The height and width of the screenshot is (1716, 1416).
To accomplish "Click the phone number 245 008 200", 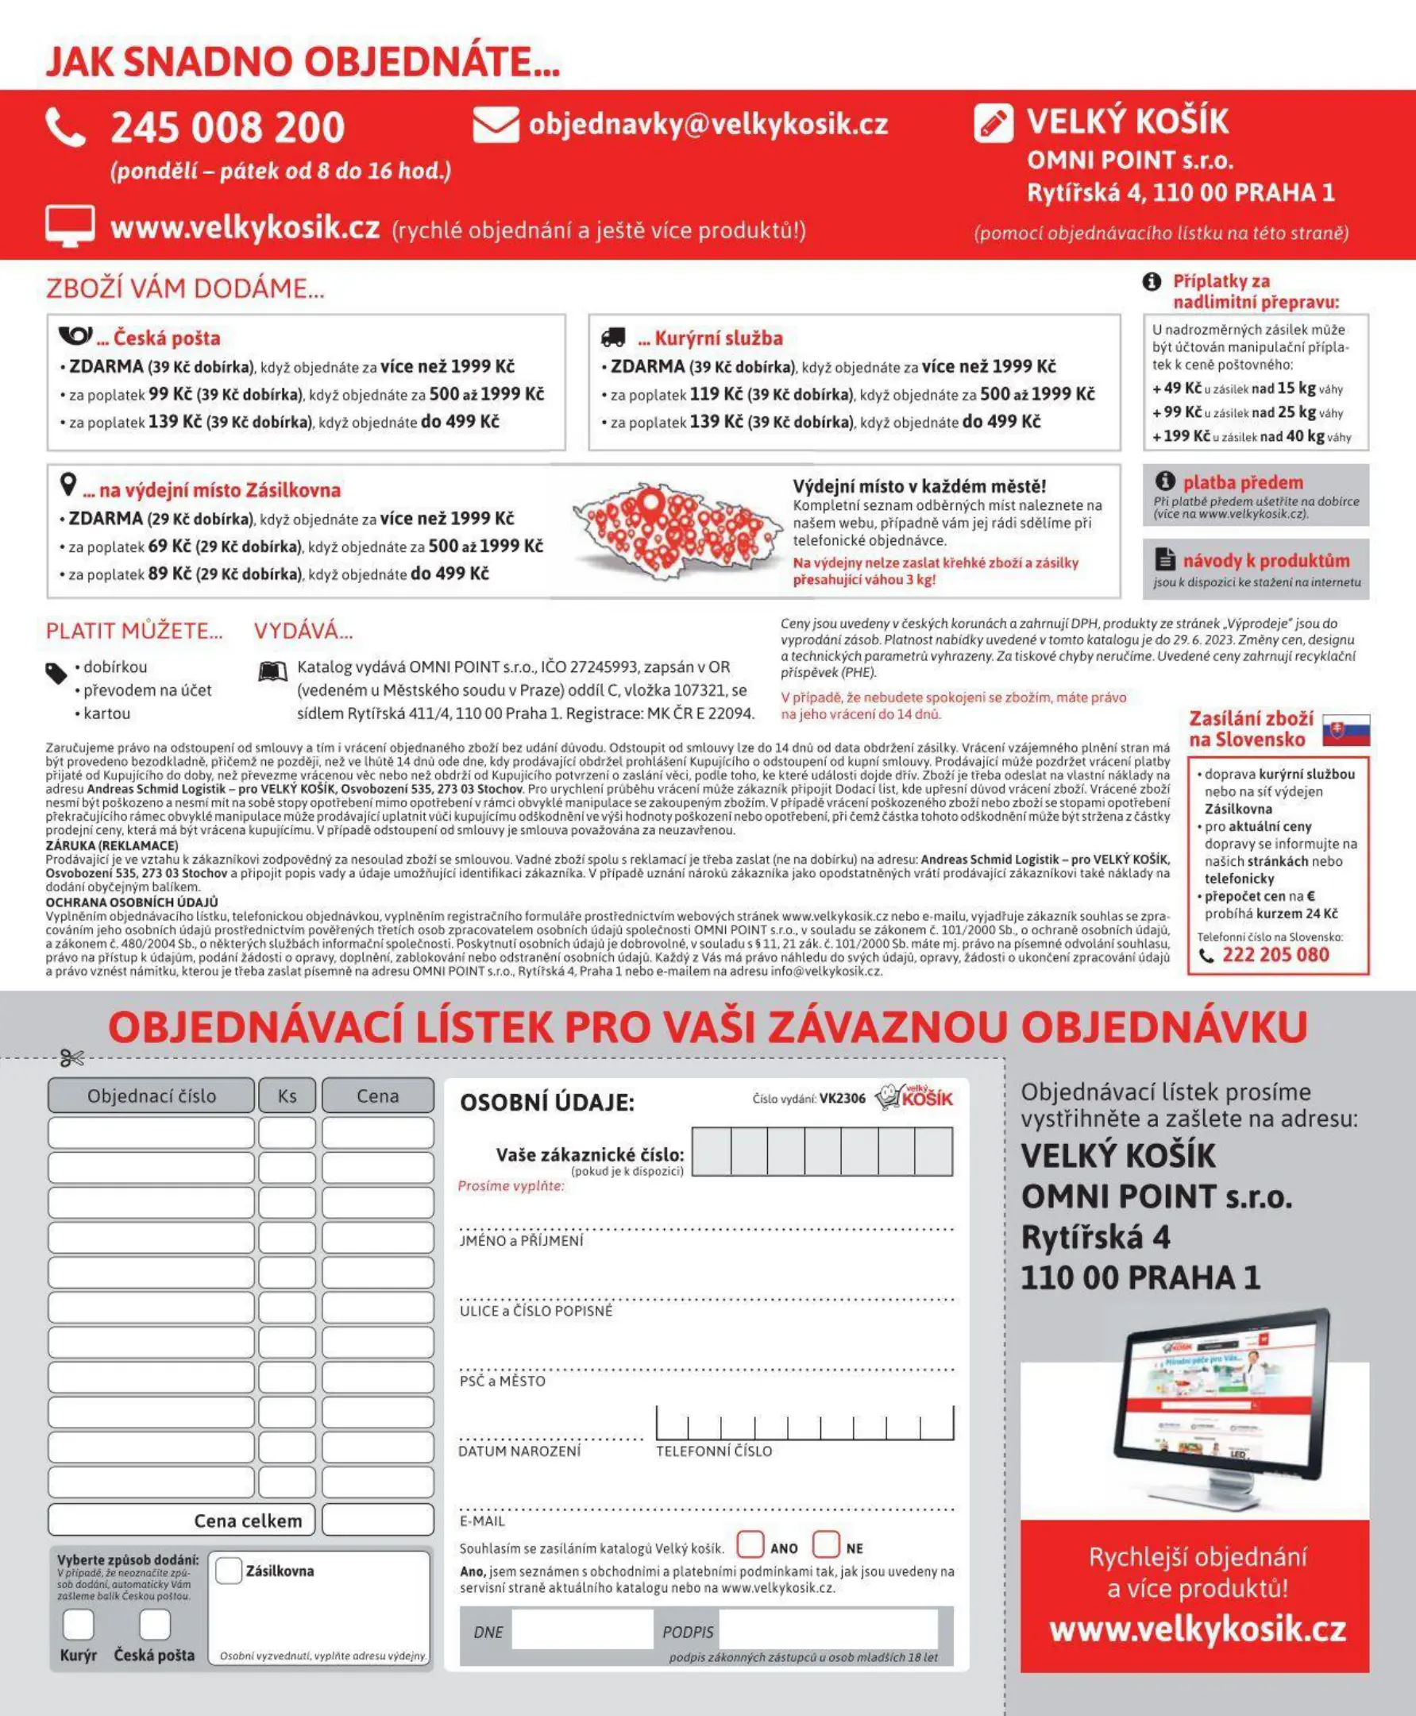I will [x=227, y=127].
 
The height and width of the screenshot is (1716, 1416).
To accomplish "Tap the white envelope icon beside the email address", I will [x=495, y=125].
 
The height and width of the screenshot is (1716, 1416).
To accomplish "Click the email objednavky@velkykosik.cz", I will [x=708, y=124].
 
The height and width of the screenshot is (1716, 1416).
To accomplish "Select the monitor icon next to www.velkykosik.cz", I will [x=69, y=226].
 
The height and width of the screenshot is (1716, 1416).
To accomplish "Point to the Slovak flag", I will [x=1346, y=729].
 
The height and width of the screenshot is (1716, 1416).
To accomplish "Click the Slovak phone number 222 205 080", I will [x=1275, y=955].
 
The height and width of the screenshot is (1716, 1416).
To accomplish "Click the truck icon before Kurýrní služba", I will [x=612, y=337].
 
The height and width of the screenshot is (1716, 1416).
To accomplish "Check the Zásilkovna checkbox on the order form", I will [x=230, y=1570].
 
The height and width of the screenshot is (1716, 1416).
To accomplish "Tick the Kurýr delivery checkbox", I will [x=79, y=1624].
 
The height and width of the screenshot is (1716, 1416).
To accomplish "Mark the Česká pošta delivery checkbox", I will [x=154, y=1624].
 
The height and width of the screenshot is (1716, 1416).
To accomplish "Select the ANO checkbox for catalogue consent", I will [x=750, y=1544].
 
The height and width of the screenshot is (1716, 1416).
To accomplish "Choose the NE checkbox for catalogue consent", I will [x=825, y=1544].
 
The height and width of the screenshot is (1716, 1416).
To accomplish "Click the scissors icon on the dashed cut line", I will [x=71, y=1058].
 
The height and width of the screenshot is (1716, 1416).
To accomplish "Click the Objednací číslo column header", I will [x=152, y=1096].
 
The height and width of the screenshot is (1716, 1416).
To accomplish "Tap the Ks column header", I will [x=287, y=1096].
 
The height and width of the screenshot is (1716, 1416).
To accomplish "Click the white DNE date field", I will [x=581, y=1629].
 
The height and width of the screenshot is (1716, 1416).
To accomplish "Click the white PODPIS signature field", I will [x=828, y=1629].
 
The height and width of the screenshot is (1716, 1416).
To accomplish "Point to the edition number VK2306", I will [x=842, y=1098].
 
